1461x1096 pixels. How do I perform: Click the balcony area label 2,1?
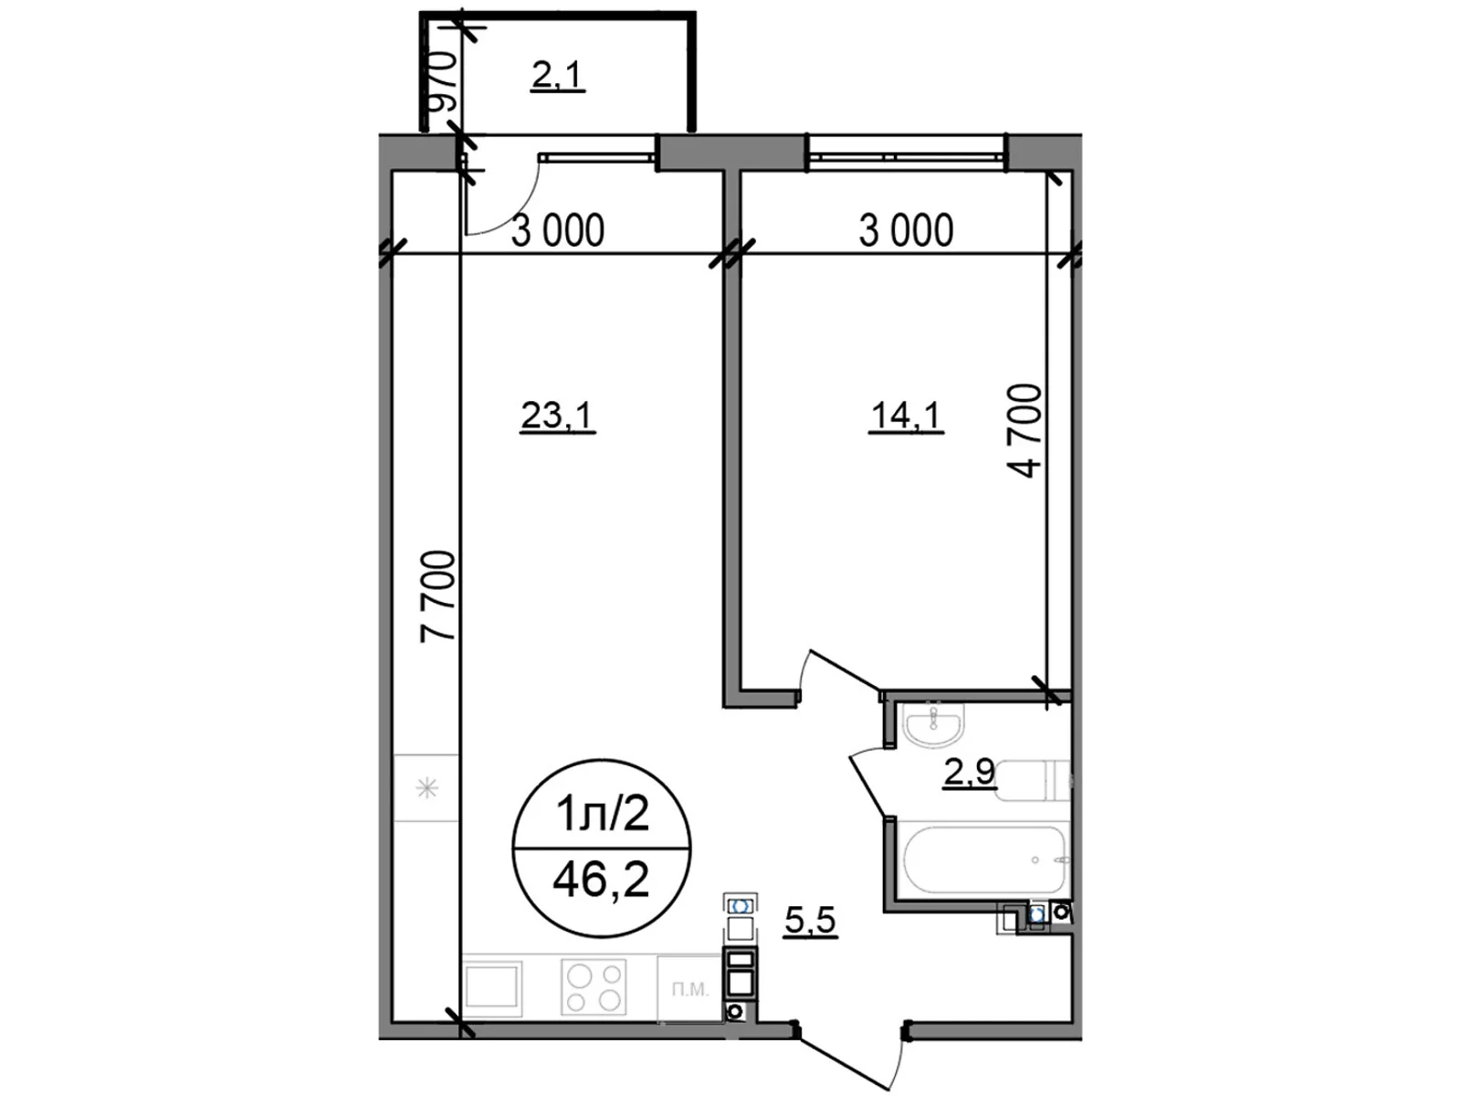click(x=557, y=76)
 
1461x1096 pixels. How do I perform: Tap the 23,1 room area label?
click(x=557, y=416)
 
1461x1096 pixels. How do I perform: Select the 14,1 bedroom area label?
click(x=906, y=416)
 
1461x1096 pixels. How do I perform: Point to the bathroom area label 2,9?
click(x=969, y=774)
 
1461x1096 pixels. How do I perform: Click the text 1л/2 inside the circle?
click(x=602, y=813)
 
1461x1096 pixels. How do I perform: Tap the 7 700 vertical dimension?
click(x=437, y=596)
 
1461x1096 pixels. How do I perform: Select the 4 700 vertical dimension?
click(x=1025, y=430)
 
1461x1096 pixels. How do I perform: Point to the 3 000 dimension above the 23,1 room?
click(x=557, y=231)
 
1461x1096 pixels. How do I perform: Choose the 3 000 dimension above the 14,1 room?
click(x=906, y=231)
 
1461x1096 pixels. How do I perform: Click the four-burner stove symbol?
click(x=594, y=986)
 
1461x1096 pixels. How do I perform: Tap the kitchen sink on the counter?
click(x=493, y=986)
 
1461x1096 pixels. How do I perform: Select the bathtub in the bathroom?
click(x=983, y=859)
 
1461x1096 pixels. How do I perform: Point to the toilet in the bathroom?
click(x=1032, y=779)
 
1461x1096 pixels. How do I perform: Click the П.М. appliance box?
click(x=690, y=989)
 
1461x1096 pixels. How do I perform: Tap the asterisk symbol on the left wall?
click(x=426, y=787)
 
